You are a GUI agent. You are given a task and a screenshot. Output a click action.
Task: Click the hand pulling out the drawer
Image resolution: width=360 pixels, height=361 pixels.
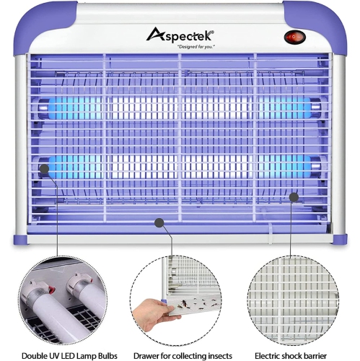[151, 315]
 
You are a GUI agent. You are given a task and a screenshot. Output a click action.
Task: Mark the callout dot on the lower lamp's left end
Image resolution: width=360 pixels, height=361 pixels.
[45, 169]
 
